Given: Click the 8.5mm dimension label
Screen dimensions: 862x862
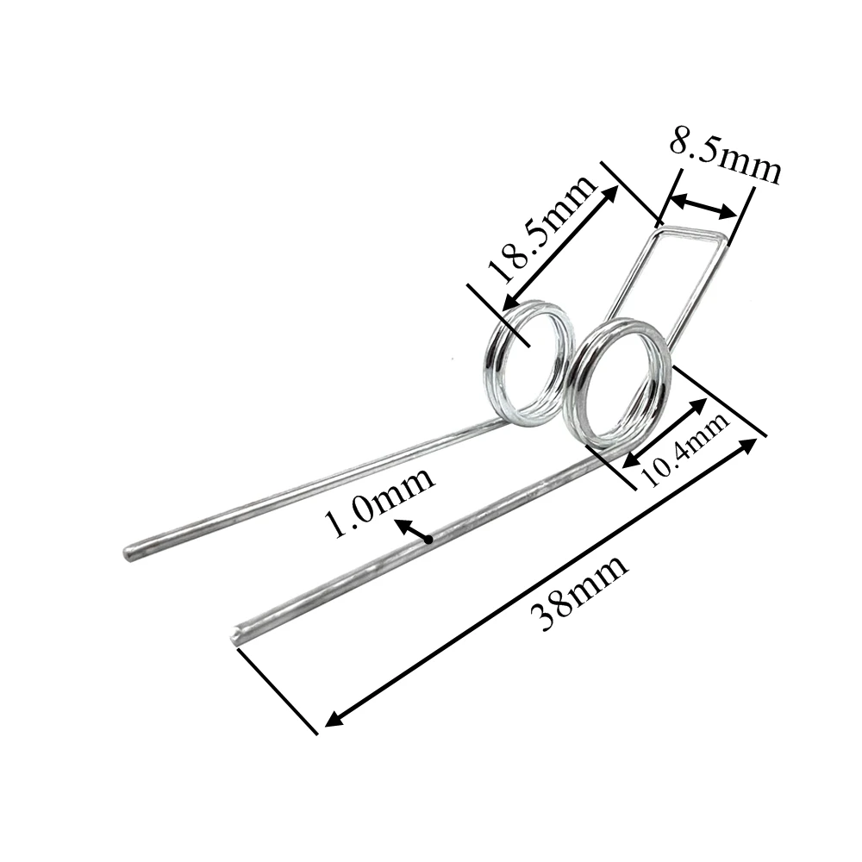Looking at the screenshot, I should [724, 155].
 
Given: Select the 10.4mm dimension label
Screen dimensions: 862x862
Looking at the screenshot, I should [686, 449].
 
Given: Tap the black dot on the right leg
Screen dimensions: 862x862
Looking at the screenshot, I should [428, 540].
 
